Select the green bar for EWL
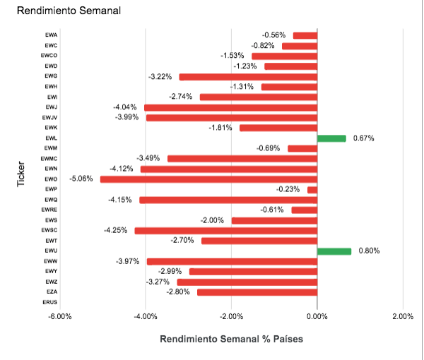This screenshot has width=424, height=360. [331, 138]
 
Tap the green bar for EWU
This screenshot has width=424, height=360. [334, 251]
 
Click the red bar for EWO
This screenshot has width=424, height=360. [208, 179]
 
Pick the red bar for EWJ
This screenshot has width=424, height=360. [230, 107]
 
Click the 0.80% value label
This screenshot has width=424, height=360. [370, 251]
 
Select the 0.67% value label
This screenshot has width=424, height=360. [364, 138]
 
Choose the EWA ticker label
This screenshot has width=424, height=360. [51, 35]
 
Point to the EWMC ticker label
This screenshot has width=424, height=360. [49, 159]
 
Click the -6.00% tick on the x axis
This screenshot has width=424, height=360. [60, 316]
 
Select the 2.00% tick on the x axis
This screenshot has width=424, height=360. [402, 316]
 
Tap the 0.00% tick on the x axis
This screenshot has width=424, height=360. [317, 316]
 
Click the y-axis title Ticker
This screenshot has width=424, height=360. [21, 176]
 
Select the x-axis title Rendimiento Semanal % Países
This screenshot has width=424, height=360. [231, 339]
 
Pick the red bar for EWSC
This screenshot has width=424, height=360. [225, 231]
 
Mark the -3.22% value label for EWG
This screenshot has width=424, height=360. [161, 76]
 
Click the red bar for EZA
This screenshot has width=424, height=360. [257, 292]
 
